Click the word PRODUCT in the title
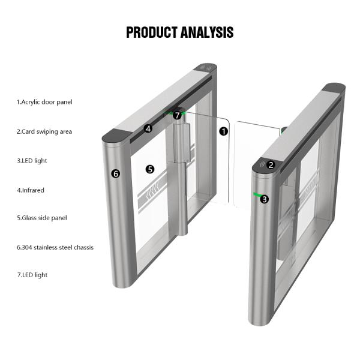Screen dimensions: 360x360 pos(152,32)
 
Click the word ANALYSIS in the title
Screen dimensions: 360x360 pos(207,32)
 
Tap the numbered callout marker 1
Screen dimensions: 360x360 pos(224,131)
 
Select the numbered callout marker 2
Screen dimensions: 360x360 pos(271,164)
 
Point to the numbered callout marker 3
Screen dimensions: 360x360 pos(265,199)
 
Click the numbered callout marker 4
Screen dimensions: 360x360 pos(148,128)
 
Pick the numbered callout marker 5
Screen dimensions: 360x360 pos(150,169)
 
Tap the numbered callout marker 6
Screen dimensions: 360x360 pos(116,173)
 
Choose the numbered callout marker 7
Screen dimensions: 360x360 pos(178,115)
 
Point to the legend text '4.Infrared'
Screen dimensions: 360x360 pos(30,190)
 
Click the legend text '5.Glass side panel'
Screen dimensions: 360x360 pos(41,218)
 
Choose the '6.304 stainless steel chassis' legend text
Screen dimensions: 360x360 pos(55,247)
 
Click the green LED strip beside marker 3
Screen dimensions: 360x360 pos(257,194)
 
